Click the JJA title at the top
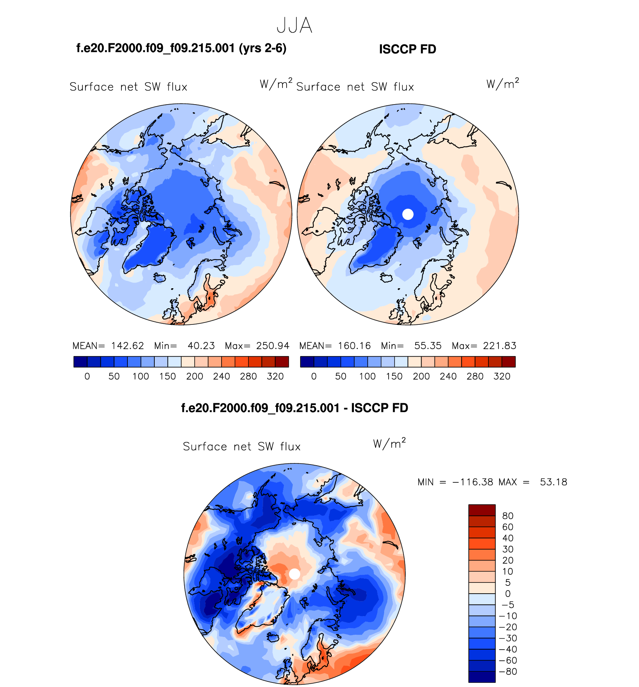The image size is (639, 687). [294, 26]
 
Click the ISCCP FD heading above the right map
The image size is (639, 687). [407, 49]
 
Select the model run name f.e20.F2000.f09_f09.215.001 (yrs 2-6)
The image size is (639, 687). [181, 48]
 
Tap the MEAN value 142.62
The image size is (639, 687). [127, 346]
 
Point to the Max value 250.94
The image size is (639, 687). [273, 346]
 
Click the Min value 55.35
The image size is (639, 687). [427, 346]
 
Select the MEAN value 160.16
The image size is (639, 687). [354, 346]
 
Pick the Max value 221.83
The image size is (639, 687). [500, 346]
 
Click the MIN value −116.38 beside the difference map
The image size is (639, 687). [473, 482]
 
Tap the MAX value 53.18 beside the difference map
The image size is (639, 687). [553, 482]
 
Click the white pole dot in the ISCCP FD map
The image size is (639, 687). [408, 214]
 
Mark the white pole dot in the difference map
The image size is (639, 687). [294, 574]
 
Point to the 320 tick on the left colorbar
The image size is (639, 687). [275, 376]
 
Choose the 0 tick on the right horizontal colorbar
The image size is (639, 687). [314, 376]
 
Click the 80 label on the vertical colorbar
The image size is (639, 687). [508, 516]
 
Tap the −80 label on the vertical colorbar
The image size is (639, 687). [508, 671]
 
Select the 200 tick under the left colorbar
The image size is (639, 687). [195, 376]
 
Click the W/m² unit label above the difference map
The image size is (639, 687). [389, 444]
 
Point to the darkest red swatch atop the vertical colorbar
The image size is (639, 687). [482, 510]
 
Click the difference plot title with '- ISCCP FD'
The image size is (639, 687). [294, 408]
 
